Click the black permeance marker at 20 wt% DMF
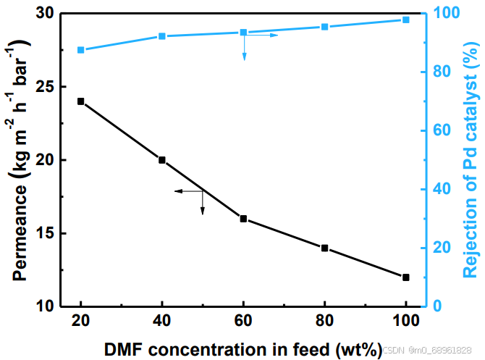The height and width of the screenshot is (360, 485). pyautogui.click(x=81, y=101)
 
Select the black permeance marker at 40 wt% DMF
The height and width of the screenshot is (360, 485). pyautogui.click(x=162, y=160)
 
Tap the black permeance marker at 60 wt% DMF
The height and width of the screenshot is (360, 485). pyautogui.click(x=243, y=219)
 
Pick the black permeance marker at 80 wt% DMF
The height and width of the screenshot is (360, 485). pyautogui.click(x=325, y=248)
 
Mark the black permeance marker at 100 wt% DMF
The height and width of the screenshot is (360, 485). pyautogui.click(x=406, y=277)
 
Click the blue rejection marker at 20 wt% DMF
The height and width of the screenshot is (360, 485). pyautogui.click(x=81, y=50)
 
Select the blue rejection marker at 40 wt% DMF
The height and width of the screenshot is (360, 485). pyautogui.click(x=162, y=36)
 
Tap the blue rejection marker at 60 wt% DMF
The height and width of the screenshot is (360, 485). pyautogui.click(x=243, y=32)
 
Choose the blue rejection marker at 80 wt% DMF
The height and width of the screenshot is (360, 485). pyautogui.click(x=325, y=27)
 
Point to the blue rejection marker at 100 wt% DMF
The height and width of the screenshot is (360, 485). pyautogui.click(x=406, y=20)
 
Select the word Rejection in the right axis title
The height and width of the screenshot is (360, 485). pyautogui.click(x=469, y=239)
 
